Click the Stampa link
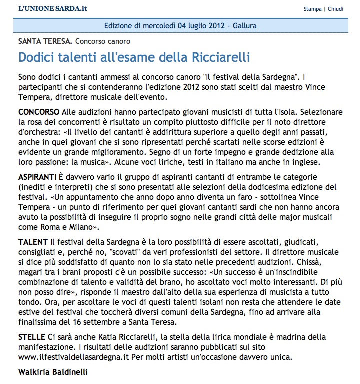(312, 9)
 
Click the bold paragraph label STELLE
(32, 336)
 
